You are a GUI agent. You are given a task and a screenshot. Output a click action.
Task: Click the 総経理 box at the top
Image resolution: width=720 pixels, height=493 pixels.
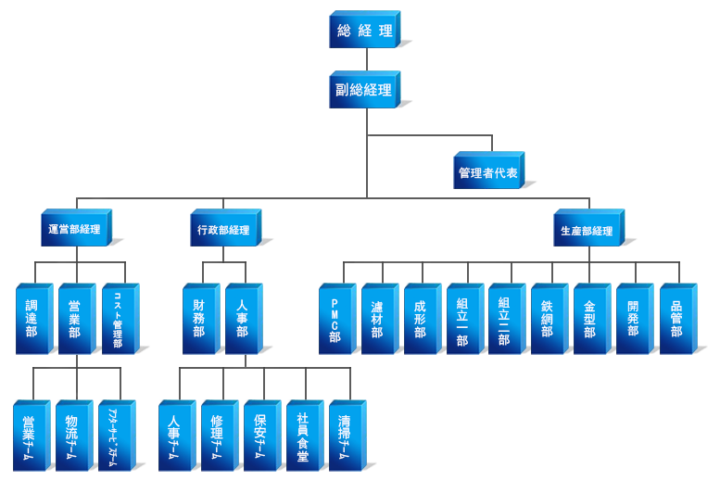click(x=365, y=31)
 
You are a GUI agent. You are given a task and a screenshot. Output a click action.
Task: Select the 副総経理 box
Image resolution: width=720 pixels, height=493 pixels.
click(x=363, y=91)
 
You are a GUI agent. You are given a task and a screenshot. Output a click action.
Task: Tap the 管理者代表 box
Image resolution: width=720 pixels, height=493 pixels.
click(x=488, y=173)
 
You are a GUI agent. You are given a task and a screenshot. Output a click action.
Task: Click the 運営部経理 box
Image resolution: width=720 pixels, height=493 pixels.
click(x=74, y=230)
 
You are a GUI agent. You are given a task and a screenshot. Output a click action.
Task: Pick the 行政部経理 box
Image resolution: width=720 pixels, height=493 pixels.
click(x=223, y=230)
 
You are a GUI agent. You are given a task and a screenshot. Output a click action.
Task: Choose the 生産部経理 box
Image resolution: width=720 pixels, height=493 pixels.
click(x=587, y=230)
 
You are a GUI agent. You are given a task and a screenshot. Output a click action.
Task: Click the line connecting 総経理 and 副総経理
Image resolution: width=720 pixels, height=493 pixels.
click(x=367, y=60)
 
